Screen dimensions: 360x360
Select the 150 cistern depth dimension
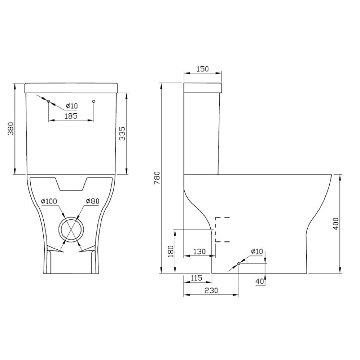(x=203, y=69)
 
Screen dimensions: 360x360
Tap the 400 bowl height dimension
(x=336, y=223)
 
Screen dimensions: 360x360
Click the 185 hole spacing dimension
(x=71, y=115)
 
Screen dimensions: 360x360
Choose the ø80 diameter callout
(x=93, y=201)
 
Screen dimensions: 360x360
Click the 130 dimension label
(x=200, y=251)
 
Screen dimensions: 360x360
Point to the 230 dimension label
(x=211, y=290)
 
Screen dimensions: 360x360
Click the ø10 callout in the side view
(x=257, y=252)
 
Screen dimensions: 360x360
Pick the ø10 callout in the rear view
(x=72, y=106)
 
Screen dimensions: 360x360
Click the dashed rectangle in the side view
(x=222, y=229)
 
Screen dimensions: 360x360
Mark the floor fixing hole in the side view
(x=239, y=264)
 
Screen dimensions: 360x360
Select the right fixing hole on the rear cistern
(x=94, y=101)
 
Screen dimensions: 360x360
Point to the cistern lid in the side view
(x=203, y=88)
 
